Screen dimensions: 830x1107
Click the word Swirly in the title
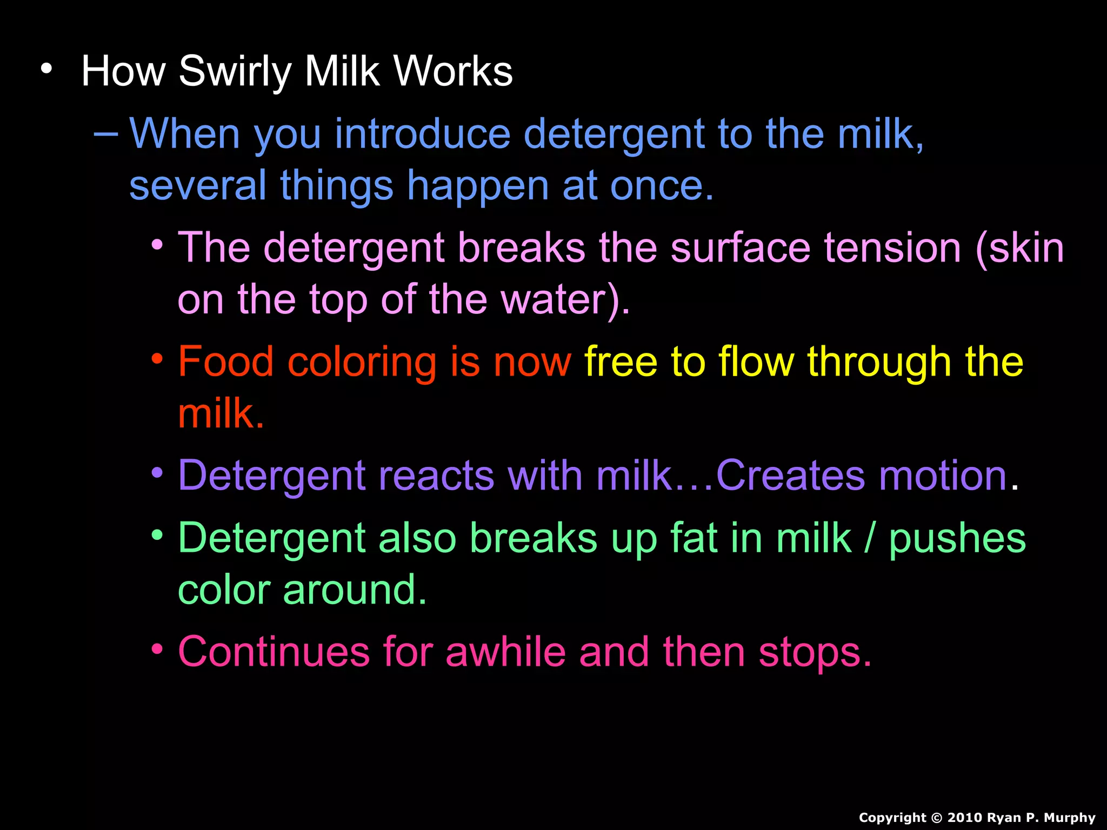[x=235, y=71]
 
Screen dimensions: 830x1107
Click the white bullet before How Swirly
[x=47, y=69]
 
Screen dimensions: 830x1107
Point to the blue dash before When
[x=106, y=132]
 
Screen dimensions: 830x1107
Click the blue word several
[x=198, y=185]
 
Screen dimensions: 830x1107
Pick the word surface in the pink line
[x=741, y=248]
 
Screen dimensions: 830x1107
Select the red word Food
[x=226, y=362]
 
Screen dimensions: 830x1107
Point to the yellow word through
[x=879, y=362]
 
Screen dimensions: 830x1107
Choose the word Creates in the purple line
[x=791, y=476]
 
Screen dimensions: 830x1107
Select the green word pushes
[x=957, y=539]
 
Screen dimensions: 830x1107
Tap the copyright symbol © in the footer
[x=937, y=818]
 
